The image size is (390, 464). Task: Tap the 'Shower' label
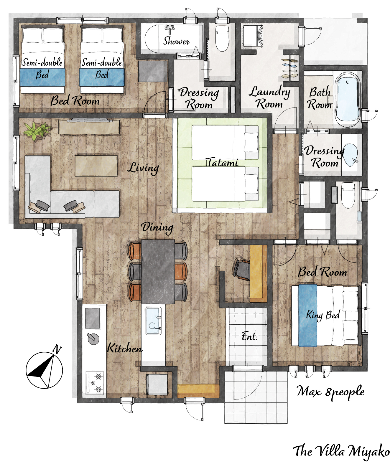(x=177, y=41)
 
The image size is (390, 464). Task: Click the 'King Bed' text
(x=323, y=315)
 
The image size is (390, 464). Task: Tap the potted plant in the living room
(x=37, y=131)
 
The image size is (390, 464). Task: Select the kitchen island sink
(x=153, y=321)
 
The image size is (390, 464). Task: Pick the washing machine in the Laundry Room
(x=252, y=36)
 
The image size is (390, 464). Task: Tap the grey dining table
(x=158, y=272)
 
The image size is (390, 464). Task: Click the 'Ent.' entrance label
(x=249, y=336)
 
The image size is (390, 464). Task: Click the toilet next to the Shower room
(x=222, y=38)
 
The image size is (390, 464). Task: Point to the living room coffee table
(x=96, y=166)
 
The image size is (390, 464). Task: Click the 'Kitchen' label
(x=125, y=348)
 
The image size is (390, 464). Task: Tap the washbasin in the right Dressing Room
(x=350, y=155)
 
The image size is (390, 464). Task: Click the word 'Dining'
(x=157, y=227)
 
